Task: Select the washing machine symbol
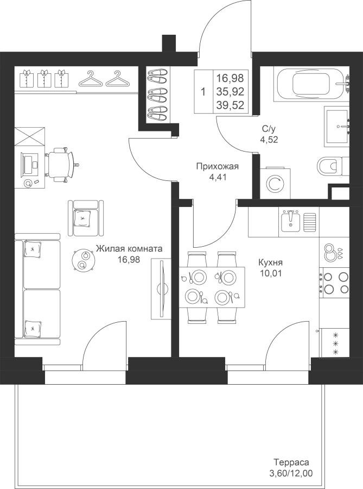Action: click(x=275, y=184)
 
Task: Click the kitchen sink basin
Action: click(x=290, y=221)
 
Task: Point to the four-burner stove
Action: click(x=335, y=283)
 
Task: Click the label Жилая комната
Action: click(x=129, y=248)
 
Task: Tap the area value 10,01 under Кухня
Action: click(x=270, y=273)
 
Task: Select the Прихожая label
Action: click(x=217, y=167)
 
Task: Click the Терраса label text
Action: click(x=291, y=462)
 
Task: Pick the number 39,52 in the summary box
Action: click(x=231, y=105)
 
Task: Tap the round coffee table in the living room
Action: click(x=83, y=260)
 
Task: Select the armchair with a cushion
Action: click(x=86, y=218)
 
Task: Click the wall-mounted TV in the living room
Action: click(x=161, y=289)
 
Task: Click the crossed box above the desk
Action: click(x=30, y=136)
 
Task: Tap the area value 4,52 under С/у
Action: click(x=269, y=140)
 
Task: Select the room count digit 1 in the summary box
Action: click(x=203, y=92)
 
